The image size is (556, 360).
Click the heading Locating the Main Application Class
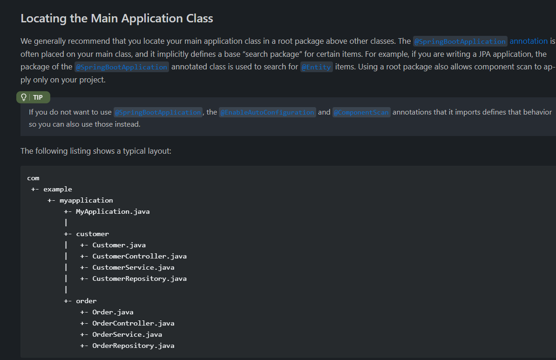pos(117,19)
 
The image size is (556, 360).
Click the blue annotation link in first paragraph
pos(529,41)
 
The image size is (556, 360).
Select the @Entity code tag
pos(316,67)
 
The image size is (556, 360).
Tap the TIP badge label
pos(38,97)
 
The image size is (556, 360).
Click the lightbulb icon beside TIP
pos(24,97)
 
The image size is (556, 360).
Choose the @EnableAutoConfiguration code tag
pos(267,112)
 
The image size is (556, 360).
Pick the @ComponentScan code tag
pos(361,112)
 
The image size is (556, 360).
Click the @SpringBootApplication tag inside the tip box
pos(158,112)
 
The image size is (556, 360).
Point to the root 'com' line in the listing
pos(34,178)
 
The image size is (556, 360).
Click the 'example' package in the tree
pos(57,190)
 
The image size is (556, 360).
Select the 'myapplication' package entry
pos(86,200)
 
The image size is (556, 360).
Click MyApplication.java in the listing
pos(113,212)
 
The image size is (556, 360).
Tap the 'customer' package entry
pos(93,234)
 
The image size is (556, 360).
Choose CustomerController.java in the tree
pos(139,256)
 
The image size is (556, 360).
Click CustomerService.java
pos(133,267)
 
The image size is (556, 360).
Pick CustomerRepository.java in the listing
pos(139,279)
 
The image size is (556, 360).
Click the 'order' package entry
pos(86,301)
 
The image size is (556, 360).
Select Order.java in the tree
pos(113,312)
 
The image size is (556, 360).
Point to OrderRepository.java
pos(133,346)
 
